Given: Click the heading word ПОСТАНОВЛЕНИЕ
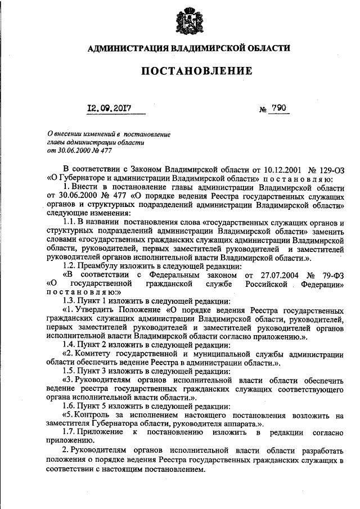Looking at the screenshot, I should [188, 71].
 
